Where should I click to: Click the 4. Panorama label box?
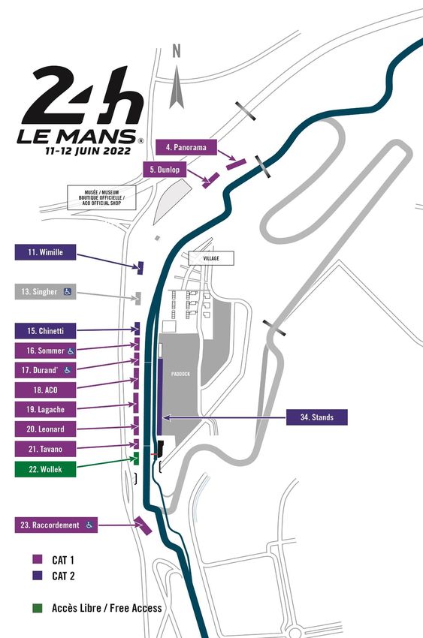coord(186,147)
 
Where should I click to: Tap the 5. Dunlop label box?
coord(165,170)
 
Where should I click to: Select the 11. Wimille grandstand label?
coord(45,252)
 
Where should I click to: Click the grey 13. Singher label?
coord(45,292)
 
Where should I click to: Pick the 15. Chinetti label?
coord(45,331)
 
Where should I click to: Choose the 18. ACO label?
coord(45,390)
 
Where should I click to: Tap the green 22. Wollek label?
coord(45,469)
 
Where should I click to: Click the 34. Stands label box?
coord(317,417)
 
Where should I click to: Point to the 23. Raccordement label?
coord(56,525)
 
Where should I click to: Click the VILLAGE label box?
coord(211,258)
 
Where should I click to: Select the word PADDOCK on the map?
coord(180,374)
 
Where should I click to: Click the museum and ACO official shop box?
coord(101,197)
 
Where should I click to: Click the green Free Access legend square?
coord(37,608)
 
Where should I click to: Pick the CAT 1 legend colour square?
coord(37,559)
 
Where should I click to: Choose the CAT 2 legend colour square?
coord(37,576)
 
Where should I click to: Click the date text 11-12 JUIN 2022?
coord(88,151)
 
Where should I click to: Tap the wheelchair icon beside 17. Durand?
coord(68,370)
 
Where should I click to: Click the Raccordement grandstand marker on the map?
coord(144,525)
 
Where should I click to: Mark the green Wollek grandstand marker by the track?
coord(137,458)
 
